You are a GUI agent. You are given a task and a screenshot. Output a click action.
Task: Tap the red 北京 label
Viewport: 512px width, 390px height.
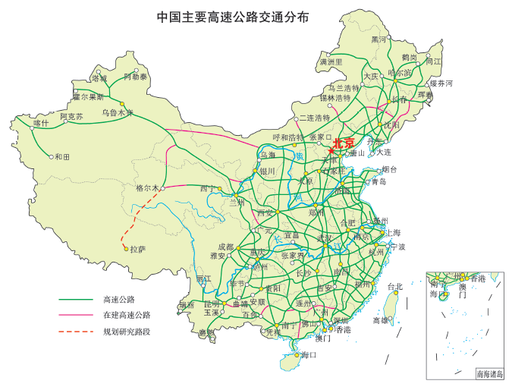click(x=344, y=143)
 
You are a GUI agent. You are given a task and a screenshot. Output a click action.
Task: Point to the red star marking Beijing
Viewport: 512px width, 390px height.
click(x=331, y=150)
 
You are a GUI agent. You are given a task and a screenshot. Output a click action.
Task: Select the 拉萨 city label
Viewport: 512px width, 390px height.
click(x=137, y=249)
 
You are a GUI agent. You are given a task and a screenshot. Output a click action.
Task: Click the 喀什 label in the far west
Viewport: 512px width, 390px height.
click(x=41, y=123)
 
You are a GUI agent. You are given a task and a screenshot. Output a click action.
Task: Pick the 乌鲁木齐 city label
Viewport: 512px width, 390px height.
click(x=118, y=113)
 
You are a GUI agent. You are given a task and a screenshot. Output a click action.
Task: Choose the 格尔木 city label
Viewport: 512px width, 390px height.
click(x=147, y=187)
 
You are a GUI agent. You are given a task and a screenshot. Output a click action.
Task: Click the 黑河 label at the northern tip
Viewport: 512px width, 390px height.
click(x=379, y=39)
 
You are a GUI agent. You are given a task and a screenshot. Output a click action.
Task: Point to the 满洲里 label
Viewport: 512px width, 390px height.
click(x=331, y=61)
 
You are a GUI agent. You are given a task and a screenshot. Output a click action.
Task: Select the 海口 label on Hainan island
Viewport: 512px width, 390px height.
click(x=308, y=355)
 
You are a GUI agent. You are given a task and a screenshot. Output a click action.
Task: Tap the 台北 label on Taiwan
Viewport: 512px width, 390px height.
click(x=395, y=287)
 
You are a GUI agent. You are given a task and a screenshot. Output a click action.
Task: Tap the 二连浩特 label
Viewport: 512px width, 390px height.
click(x=315, y=118)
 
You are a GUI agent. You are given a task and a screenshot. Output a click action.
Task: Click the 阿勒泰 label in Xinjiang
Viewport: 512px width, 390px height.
click(x=136, y=77)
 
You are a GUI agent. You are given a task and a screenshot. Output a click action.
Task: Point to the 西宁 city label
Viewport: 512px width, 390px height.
click(x=208, y=188)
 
